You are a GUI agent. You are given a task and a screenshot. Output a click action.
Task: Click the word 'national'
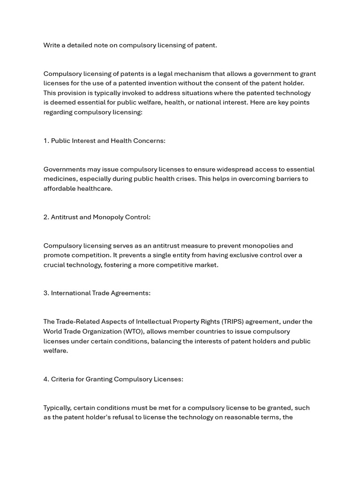pyautogui.click(x=212, y=102)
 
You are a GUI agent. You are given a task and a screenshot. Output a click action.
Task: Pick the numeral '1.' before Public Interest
pyautogui.click(x=46, y=141)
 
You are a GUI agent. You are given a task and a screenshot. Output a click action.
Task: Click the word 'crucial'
pyautogui.click(x=55, y=265)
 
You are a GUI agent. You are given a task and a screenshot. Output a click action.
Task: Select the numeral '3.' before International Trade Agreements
pyautogui.click(x=46, y=293)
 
